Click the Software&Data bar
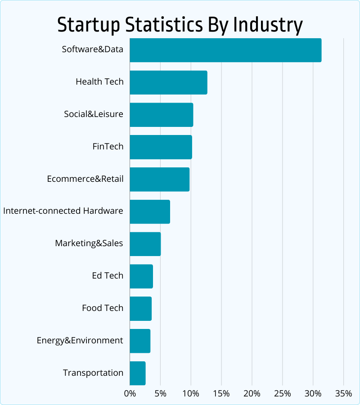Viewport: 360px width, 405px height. (x=225, y=50)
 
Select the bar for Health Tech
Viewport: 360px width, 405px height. (x=168, y=82)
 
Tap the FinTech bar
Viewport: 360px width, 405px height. (x=161, y=147)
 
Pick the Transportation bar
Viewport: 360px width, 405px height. (x=138, y=373)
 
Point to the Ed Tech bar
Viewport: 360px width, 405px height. (x=141, y=276)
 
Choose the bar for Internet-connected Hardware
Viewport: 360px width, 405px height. (x=150, y=211)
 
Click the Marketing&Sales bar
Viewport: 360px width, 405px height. (x=145, y=244)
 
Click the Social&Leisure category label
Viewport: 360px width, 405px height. (x=93, y=114)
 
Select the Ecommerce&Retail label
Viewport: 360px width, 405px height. (x=85, y=179)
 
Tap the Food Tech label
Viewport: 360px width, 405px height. (x=102, y=308)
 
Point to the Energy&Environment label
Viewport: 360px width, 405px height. (x=80, y=341)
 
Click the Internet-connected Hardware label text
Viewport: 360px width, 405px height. (x=63, y=211)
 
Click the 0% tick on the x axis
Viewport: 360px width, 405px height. (x=130, y=394)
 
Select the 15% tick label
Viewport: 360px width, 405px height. (x=221, y=394)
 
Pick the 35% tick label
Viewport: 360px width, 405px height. (x=343, y=394)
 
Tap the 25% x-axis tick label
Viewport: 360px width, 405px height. (x=282, y=394)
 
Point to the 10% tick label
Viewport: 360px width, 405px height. (x=191, y=394)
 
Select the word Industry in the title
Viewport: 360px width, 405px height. (x=267, y=25)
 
